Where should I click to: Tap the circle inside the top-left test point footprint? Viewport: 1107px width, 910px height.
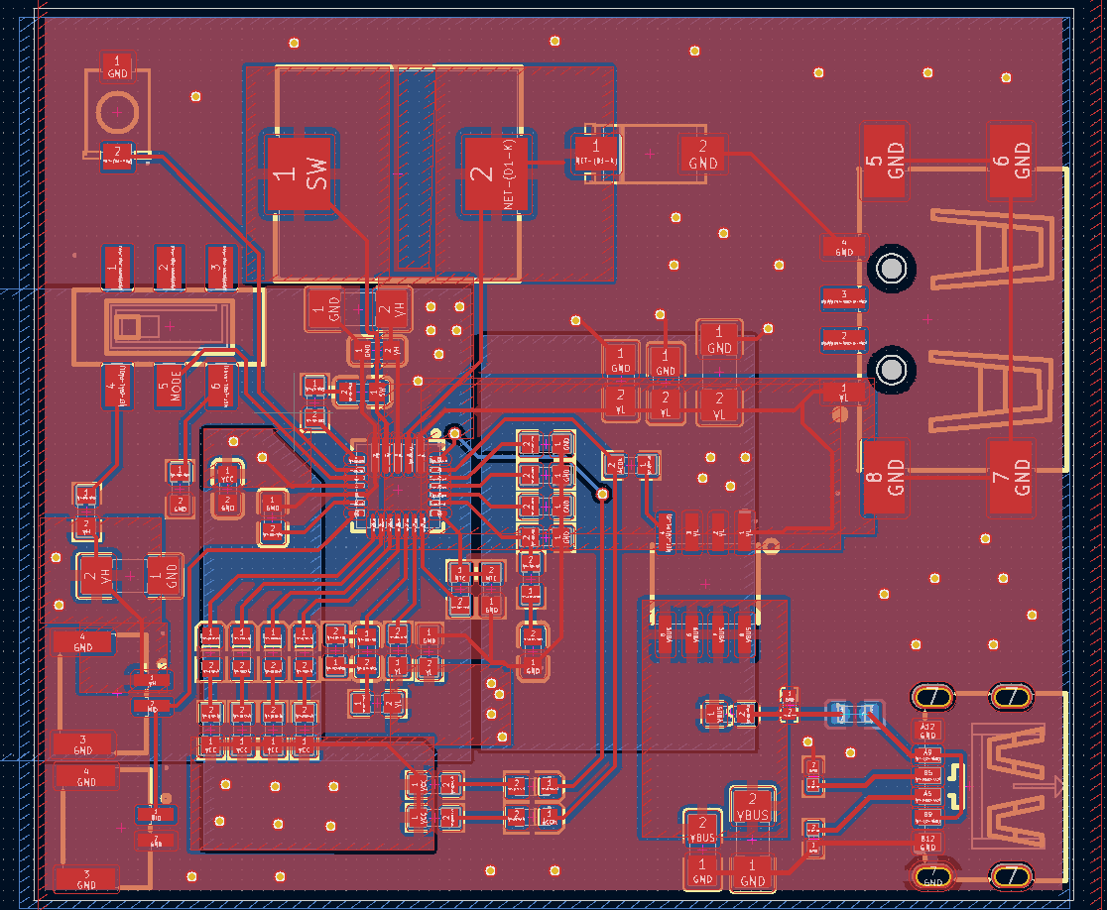point(117,113)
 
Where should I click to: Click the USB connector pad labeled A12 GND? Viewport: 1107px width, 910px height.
point(927,732)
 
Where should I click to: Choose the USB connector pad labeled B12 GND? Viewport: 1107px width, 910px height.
point(927,842)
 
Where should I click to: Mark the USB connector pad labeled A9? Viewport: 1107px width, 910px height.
point(927,754)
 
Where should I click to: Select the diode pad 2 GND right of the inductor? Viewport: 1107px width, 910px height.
point(702,155)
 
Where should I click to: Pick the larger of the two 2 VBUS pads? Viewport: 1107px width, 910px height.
point(752,807)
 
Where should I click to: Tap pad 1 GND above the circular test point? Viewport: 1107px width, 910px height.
point(117,66)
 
